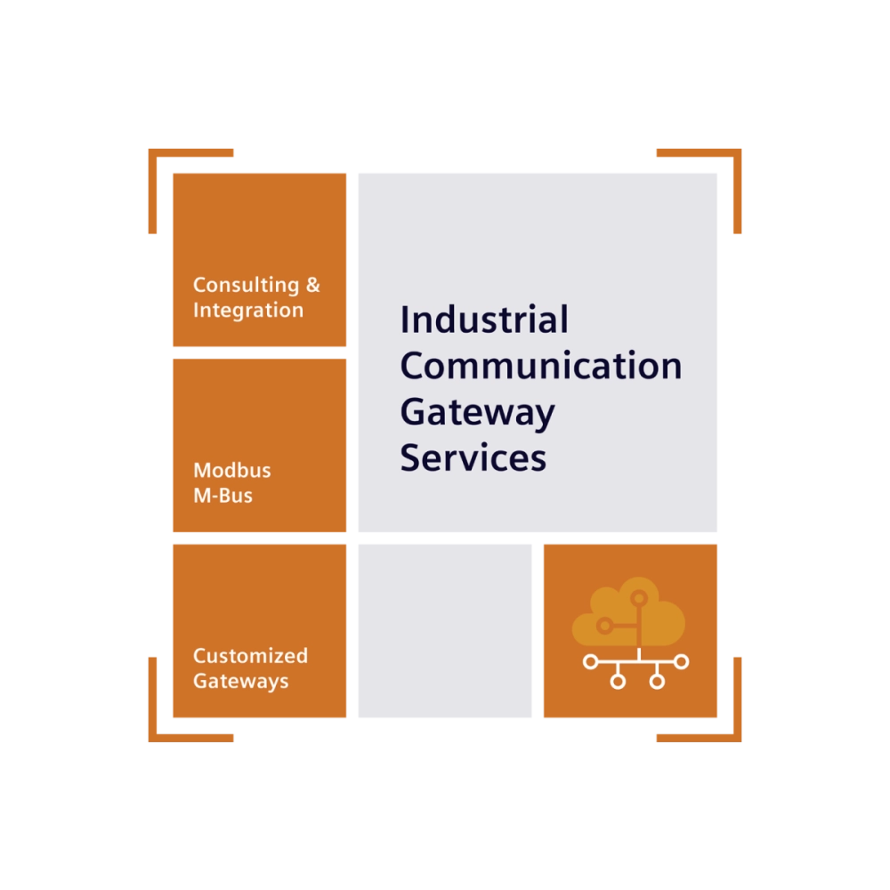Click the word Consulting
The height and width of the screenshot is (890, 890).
pos(246,286)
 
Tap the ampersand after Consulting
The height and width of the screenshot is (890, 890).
pos(313,285)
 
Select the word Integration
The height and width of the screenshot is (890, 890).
pos(248,311)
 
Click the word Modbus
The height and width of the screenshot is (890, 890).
pos(232,470)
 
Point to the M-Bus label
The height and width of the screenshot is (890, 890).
pos(223,496)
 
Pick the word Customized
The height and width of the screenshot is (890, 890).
pos(250,656)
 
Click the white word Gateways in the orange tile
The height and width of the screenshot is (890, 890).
pos(240,681)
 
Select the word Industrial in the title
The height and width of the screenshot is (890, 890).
pos(484,320)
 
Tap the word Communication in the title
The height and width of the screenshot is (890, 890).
pos(541,366)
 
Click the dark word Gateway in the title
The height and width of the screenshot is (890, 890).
pos(477,413)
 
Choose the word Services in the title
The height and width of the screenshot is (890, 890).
pos(473,457)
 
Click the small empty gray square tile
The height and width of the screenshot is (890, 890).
pos(445,631)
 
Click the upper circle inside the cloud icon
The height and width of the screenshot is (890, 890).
pos(639,598)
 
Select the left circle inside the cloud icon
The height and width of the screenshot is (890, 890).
pos(604,626)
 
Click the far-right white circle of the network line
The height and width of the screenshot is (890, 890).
pos(682,661)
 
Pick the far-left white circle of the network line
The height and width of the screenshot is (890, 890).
pos(590,662)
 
